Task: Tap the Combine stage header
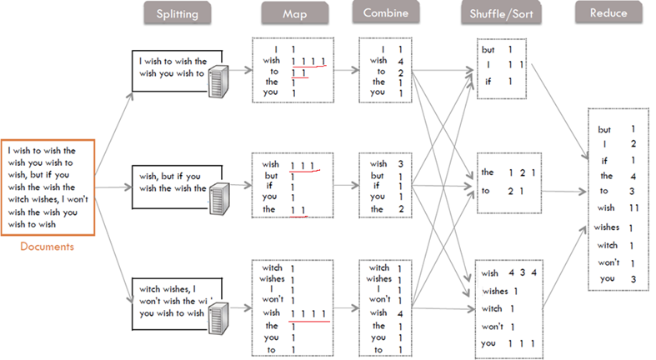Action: pos(384,12)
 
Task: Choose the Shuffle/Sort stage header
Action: pos(499,13)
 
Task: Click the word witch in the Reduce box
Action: pos(608,245)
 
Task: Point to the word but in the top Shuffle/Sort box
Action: pos(488,50)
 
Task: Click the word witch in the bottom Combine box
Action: pos(378,267)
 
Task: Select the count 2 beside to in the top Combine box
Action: pos(401,72)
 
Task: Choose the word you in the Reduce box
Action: pos(606,278)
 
